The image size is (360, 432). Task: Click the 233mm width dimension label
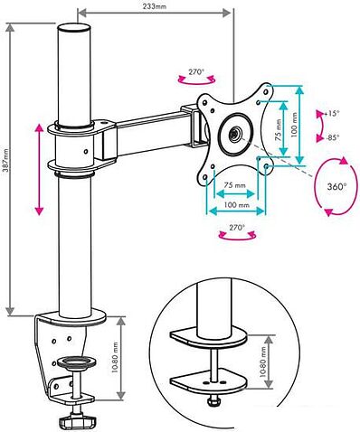coord(154,6)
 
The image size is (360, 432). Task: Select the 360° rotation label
coord(336,186)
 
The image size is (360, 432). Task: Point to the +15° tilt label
coord(331,114)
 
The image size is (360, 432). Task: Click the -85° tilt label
coord(332,137)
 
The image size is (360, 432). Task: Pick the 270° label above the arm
coord(196,72)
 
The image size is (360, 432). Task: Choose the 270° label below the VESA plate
coord(237,228)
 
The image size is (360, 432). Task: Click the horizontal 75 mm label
coord(234,185)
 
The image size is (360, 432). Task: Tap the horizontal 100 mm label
coord(237,205)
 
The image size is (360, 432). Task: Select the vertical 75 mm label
coord(279,130)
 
